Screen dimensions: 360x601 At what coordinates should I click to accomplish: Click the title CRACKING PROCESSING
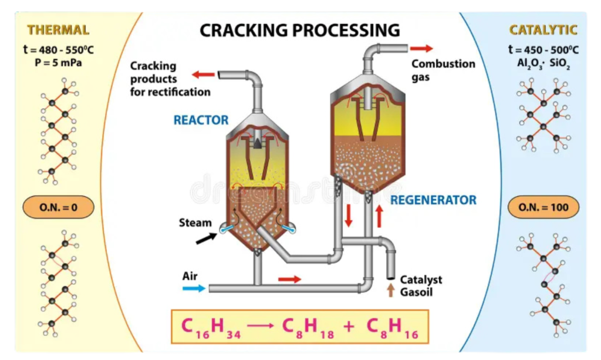(x=300, y=30)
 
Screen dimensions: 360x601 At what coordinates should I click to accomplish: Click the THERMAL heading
(x=58, y=29)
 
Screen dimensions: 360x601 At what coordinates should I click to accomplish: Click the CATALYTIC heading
(x=543, y=29)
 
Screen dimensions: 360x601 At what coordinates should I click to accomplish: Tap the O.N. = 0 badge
(x=58, y=207)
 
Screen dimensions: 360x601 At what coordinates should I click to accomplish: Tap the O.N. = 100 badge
(x=543, y=207)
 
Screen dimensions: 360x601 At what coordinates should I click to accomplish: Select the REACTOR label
(x=201, y=120)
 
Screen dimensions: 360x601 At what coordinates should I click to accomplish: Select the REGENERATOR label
(x=433, y=200)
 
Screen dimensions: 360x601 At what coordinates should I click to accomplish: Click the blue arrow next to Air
(x=194, y=288)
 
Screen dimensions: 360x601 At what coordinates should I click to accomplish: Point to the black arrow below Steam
(x=205, y=238)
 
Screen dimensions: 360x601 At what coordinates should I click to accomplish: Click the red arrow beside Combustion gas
(x=421, y=48)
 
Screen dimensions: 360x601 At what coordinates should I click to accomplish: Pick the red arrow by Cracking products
(x=204, y=75)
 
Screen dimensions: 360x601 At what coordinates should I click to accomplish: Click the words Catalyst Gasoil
(x=421, y=285)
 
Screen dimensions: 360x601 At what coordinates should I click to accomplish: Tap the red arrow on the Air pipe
(x=289, y=279)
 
